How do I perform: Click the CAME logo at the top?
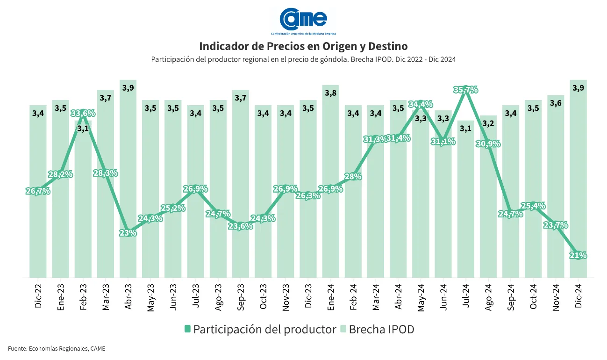pos(303,20)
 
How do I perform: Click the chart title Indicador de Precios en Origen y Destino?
pos(303,46)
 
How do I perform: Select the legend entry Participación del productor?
pos(260,329)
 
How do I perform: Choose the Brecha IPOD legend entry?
pos(377,329)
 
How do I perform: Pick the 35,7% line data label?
pos(465,90)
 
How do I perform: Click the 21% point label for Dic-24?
pos(578,255)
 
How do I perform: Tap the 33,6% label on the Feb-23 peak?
pos(83,113)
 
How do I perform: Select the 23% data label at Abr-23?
pos(128,232)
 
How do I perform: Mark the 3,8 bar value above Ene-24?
pos(330,93)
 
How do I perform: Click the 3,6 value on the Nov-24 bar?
pos(556,103)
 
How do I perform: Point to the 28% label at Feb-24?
pos(353,176)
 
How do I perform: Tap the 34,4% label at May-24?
pos(421,104)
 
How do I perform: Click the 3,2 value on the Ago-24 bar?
pos(488,123)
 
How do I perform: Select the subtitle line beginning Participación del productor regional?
pos(303,59)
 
